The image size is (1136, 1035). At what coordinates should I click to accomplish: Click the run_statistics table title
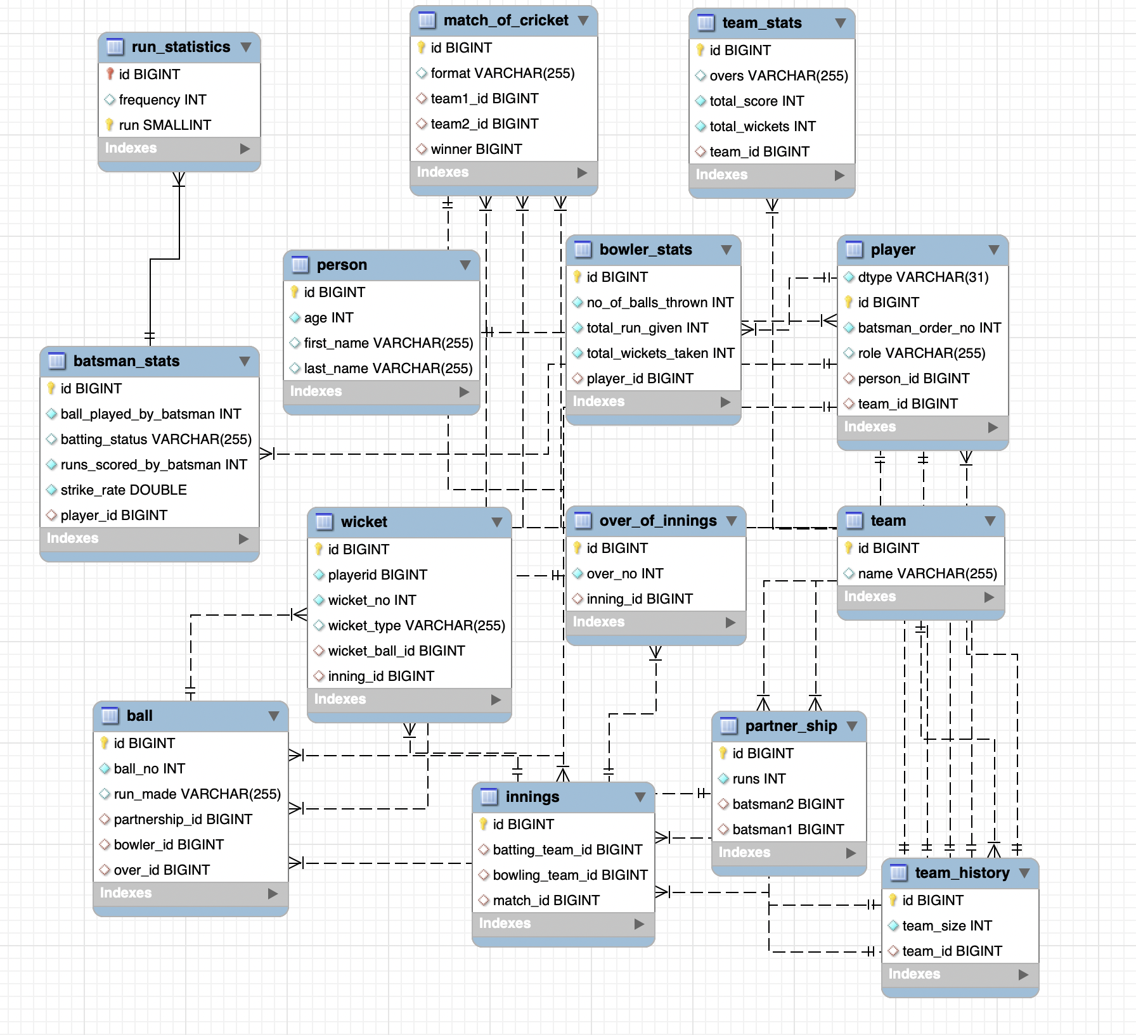coord(181,47)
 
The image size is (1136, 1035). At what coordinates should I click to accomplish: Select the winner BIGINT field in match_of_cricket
coord(476,149)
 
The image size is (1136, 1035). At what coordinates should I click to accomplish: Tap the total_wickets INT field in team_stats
coord(762,127)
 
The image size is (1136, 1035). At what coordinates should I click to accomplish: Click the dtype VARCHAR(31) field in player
coord(922,277)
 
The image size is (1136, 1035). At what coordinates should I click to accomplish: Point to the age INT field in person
coord(328,318)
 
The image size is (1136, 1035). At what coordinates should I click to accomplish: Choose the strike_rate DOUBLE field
coord(123,490)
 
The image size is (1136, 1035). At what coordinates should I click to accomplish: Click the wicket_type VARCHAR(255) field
coord(416,626)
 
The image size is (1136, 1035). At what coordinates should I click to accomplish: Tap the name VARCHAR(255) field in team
coord(927,574)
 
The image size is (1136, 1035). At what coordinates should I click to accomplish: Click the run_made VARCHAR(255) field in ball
coord(197,794)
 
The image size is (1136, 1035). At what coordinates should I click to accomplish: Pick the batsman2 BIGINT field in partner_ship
coord(787,804)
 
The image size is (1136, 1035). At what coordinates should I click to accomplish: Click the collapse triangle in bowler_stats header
coord(726,250)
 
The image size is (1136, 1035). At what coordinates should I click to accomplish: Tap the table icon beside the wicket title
coord(324,522)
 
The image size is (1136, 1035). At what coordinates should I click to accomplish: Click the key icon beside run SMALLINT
coord(109,125)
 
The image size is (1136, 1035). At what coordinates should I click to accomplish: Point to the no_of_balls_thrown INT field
coord(659,303)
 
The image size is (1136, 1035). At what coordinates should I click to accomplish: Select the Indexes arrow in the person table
coord(465,392)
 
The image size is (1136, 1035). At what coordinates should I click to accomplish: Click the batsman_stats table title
coord(126,361)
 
